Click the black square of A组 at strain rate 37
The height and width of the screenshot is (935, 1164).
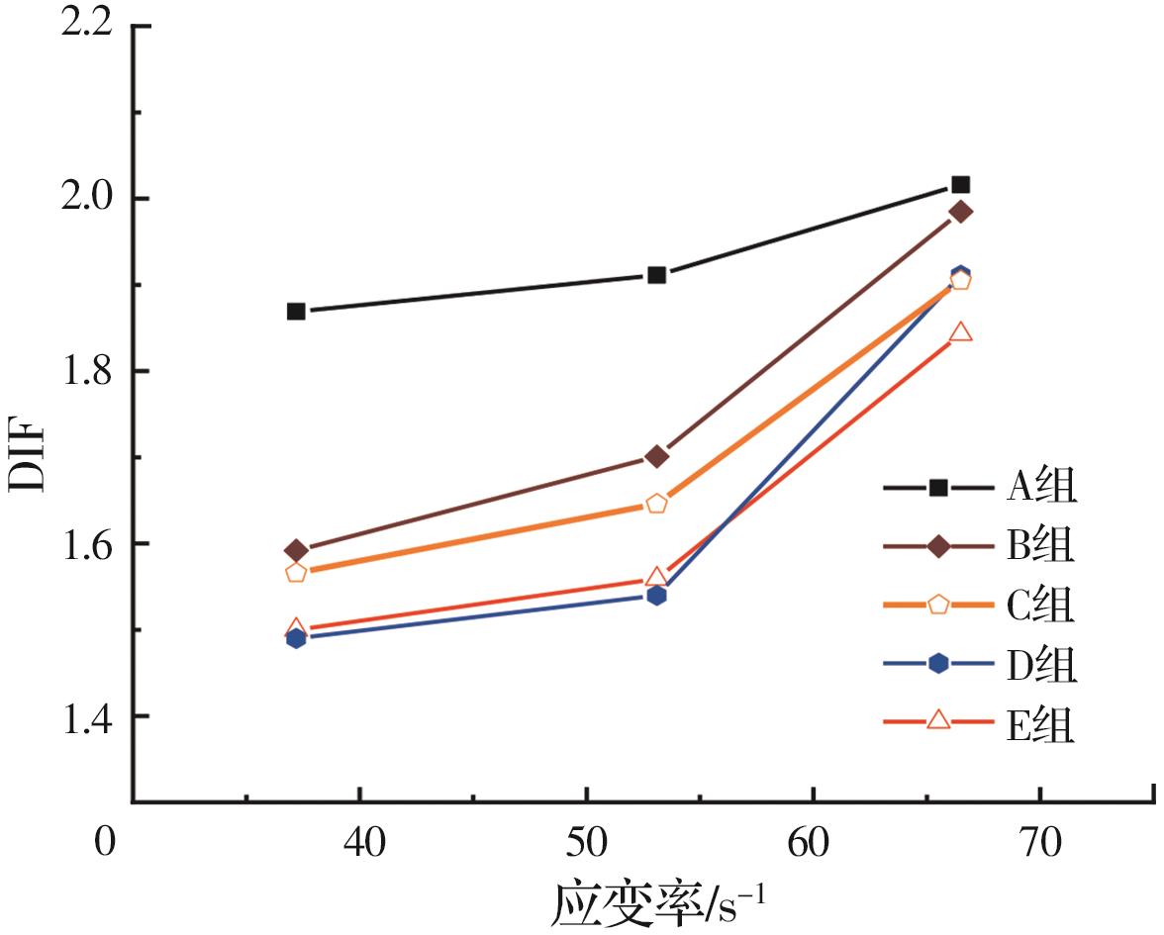(296, 312)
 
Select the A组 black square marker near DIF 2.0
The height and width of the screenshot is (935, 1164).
(960, 185)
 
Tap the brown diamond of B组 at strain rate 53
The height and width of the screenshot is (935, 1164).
(656, 456)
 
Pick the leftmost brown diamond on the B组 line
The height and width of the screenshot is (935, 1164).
(296, 550)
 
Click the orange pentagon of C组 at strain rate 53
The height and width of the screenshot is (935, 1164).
(656, 504)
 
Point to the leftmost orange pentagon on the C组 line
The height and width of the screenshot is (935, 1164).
(296, 572)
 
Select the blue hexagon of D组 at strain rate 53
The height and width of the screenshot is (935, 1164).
(656, 596)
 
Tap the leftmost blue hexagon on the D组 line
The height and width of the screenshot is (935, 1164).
(296, 638)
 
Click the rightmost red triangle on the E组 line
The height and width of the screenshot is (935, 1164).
(960, 332)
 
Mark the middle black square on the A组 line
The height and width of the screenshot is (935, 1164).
(656, 275)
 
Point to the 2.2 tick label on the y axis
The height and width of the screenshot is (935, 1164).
(87, 26)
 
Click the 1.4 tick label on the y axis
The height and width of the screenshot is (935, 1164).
(87, 716)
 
